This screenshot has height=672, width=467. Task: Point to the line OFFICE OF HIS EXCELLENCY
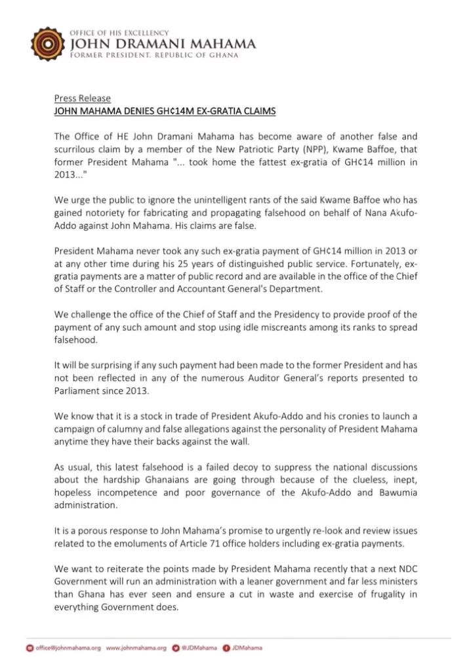tap(119, 32)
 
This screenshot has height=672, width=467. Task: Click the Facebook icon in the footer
tap(226, 648)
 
